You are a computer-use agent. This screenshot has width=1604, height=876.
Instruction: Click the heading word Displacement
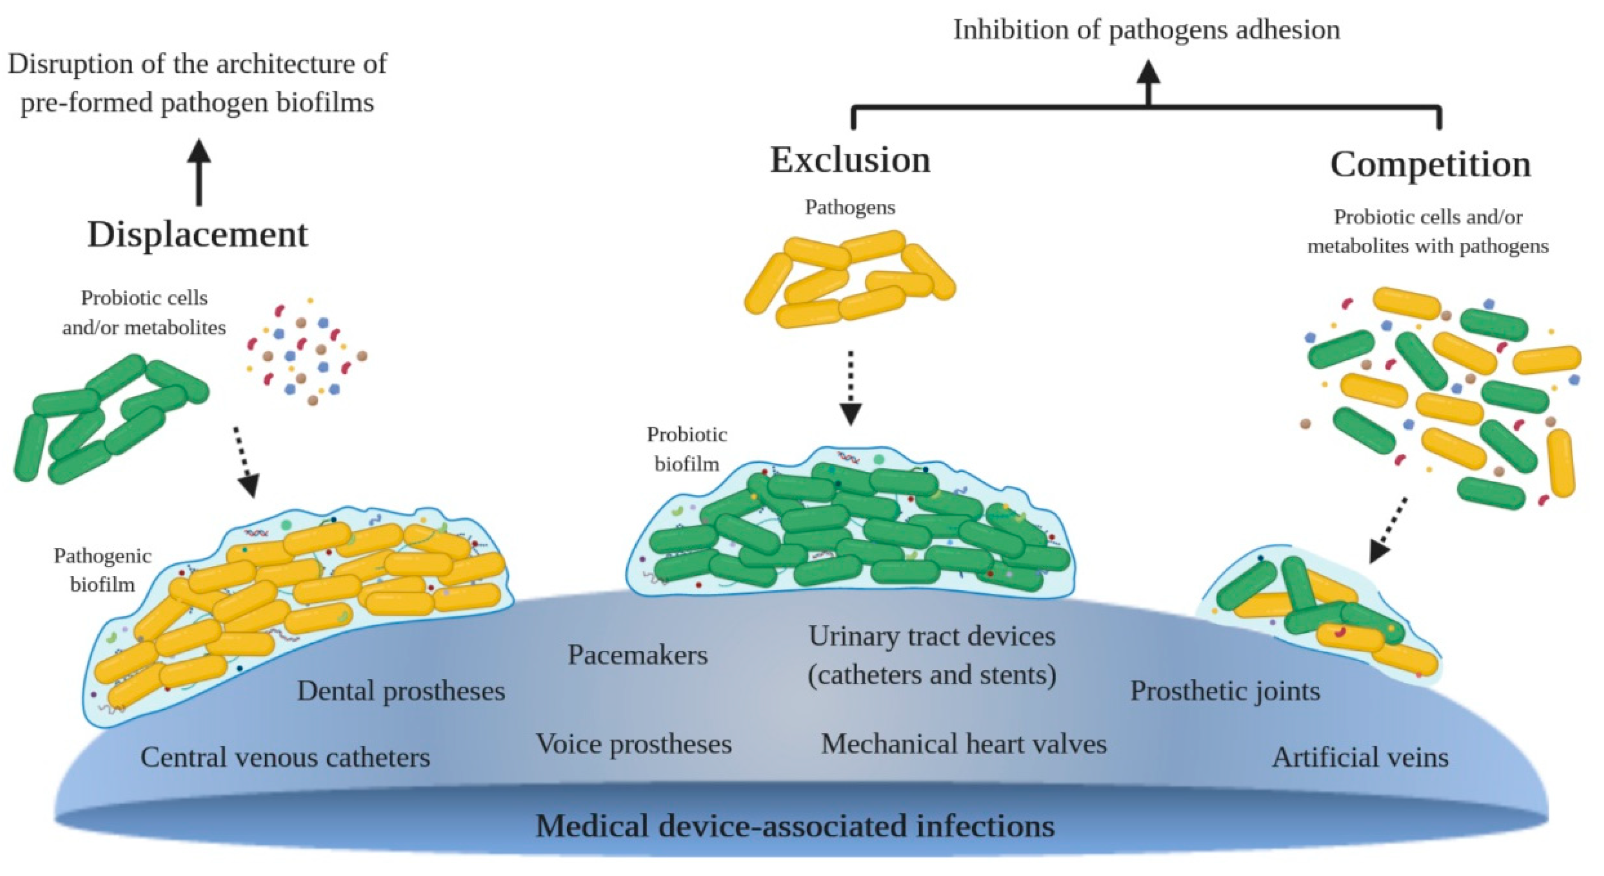tap(197, 235)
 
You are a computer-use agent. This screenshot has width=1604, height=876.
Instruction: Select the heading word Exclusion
tap(850, 160)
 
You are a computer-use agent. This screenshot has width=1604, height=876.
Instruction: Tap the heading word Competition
tap(1430, 165)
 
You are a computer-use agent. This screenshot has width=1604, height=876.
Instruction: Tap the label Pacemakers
tap(638, 655)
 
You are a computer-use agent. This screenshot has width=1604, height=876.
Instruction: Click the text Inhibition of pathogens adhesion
tap(1146, 30)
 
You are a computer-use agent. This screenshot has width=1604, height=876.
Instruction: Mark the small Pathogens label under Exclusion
tap(850, 207)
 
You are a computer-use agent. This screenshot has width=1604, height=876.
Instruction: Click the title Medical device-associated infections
tap(795, 827)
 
